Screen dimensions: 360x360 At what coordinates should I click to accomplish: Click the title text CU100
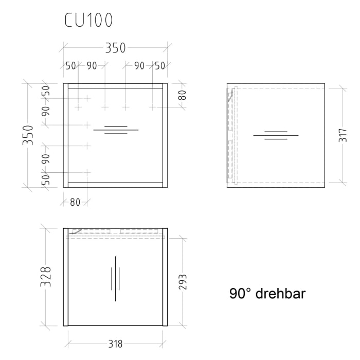click(88, 21)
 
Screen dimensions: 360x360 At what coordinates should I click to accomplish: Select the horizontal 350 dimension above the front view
click(115, 48)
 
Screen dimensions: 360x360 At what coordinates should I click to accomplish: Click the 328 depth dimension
click(46, 277)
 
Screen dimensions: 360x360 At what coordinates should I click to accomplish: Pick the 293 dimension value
click(183, 282)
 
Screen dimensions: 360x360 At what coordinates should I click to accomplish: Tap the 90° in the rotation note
click(240, 294)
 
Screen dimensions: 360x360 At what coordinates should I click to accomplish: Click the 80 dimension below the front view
click(75, 203)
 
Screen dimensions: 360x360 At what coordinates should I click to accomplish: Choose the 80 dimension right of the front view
click(182, 95)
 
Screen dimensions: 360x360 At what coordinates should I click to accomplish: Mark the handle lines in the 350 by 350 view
click(116, 130)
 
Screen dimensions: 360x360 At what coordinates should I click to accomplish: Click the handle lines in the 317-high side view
click(276, 136)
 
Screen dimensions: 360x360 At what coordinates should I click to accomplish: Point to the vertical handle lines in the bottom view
click(116, 278)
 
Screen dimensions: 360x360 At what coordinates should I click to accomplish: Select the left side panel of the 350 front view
click(66, 135)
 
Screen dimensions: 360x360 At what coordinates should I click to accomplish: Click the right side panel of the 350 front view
click(165, 135)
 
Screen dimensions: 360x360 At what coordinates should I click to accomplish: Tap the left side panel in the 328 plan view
click(66, 277)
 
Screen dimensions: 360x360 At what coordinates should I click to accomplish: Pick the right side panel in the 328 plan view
click(165, 277)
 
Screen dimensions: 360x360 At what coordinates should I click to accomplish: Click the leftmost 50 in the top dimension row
click(70, 66)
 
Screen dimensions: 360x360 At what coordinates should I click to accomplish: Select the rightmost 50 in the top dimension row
click(160, 66)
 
